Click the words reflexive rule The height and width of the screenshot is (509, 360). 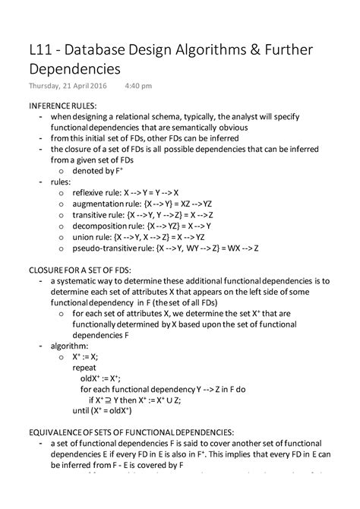point(97,193)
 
